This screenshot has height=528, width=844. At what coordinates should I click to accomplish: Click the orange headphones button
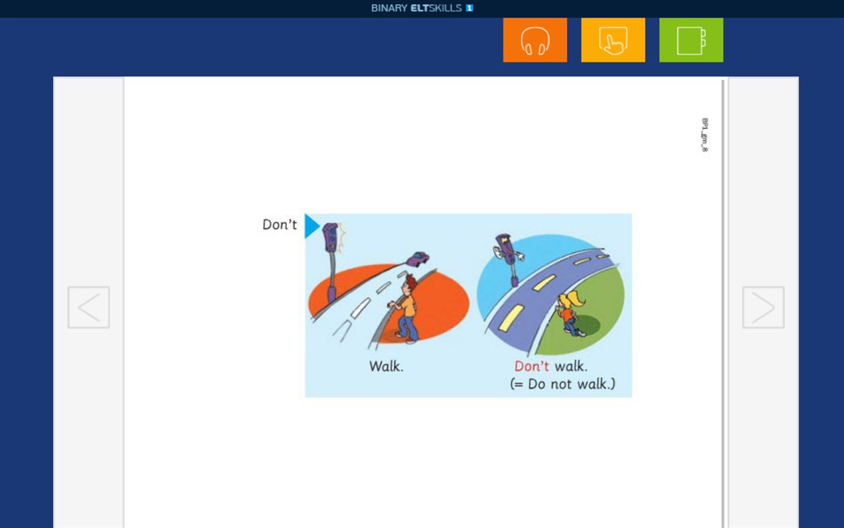[535, 40]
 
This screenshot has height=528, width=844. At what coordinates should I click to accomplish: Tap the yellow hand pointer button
[613, 40]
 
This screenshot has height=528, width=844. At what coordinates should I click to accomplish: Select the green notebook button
[691, 40]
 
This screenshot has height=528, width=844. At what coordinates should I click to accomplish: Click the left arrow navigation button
[88, 307]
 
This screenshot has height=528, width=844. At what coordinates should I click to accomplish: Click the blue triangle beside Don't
[311, 226]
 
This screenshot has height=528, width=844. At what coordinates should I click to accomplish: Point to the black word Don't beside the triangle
[280, 225]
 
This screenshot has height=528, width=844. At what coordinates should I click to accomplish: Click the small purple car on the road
[418, 258]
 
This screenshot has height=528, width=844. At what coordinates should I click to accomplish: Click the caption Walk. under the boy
[386, 366]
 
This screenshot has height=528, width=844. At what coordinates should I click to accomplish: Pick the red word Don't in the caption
[532, 366]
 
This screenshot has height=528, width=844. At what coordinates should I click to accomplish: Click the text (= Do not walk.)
[562, 384]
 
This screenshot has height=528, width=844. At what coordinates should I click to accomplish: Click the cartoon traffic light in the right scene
[508, 255]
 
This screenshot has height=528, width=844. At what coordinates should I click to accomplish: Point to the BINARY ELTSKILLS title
[422, 8]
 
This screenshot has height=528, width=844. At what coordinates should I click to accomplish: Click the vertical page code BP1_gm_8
[705, 135]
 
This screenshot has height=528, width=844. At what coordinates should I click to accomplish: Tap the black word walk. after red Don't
[571, 366]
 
